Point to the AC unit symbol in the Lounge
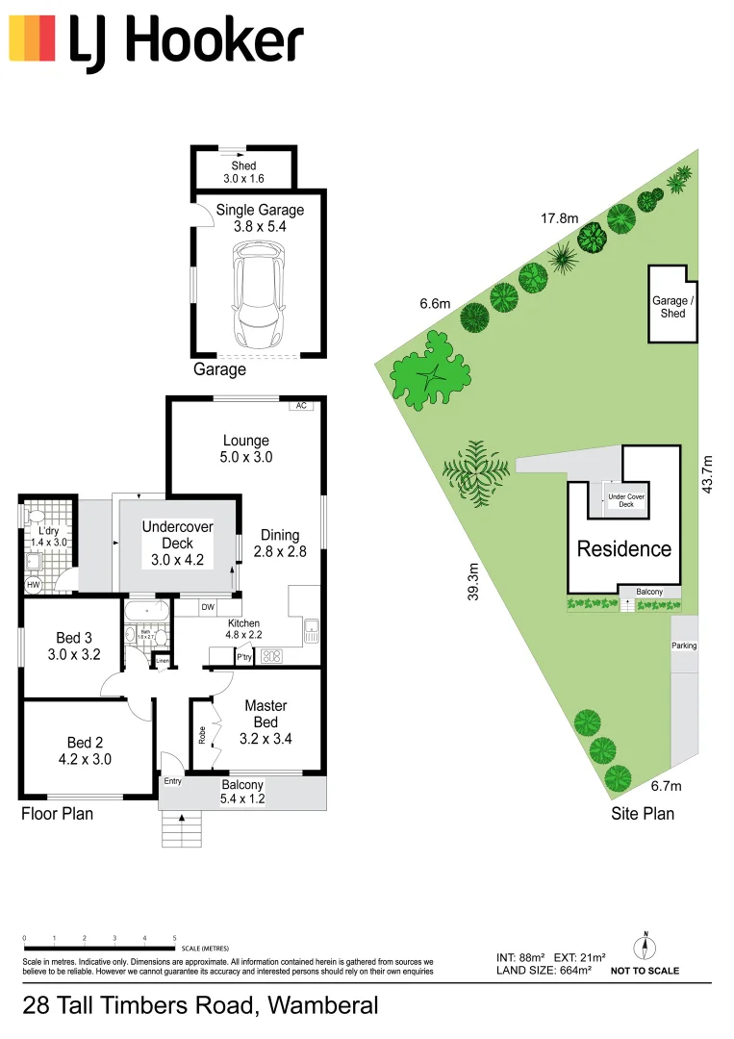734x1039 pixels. coord(301,406)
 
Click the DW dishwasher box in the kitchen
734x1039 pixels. coord(208,607)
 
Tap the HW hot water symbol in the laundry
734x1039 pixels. coord(33,585)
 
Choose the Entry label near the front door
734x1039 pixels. coord(172,781)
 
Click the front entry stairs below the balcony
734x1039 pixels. coord(181,829)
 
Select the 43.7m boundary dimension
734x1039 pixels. coord(709,474)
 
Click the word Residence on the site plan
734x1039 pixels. coord(623,549)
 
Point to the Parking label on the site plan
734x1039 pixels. coord(684,646)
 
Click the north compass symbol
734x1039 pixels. coord(647,946)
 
